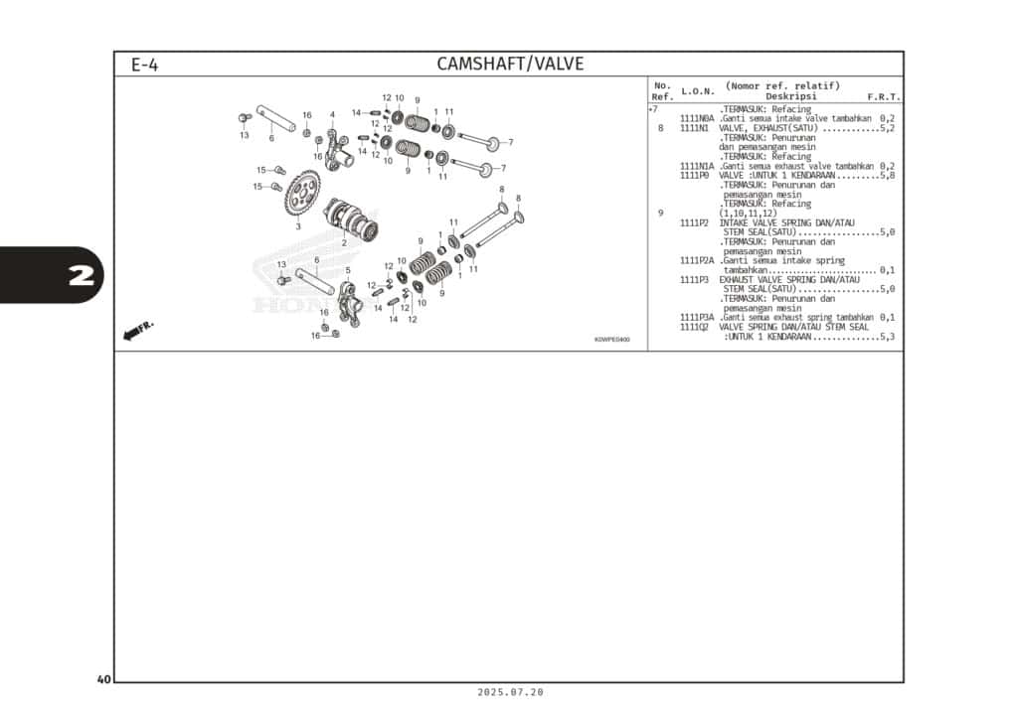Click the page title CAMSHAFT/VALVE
point(510,65)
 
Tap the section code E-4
point(144,66)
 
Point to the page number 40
point(103,679)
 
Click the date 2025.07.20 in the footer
point(510,692)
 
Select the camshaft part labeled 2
point(351,218)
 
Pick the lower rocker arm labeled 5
point(349,301)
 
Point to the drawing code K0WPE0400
point(611,340)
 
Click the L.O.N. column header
point(697,91)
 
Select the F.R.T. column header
point(883,97)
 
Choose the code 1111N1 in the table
point(694,128)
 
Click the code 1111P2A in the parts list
point(697,260)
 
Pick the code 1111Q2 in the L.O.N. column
point(694,327)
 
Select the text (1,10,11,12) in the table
point(748,214)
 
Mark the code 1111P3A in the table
point(697,317)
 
